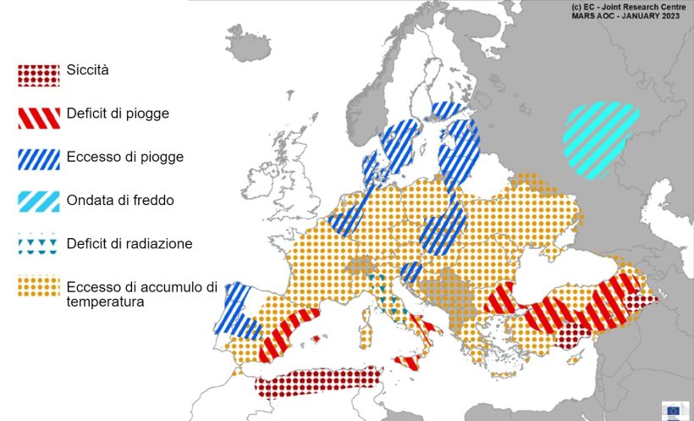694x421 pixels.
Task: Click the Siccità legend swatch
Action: pos(38,75)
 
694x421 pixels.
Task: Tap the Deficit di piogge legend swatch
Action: pos(38,117)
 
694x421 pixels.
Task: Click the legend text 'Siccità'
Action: pos(87,69)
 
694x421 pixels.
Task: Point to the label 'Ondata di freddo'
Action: pos(117,200)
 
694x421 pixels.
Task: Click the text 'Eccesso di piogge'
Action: pos(124,157)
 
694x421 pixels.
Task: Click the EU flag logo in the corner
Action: pos(674,410)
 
